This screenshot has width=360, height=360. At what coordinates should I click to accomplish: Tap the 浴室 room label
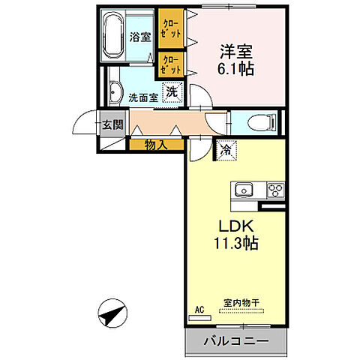[140, 36]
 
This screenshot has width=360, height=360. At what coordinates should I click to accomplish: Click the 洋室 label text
[235, 52]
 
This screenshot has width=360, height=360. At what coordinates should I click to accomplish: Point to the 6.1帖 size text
[235, 69]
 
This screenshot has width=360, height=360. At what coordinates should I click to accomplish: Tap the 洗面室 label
[142, 97]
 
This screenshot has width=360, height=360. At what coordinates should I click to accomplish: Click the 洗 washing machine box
[172, 92]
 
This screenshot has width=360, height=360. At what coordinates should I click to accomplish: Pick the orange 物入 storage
[156, 144]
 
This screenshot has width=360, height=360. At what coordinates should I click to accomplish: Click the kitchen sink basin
[245, 189]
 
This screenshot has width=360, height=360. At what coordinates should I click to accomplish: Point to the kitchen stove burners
[274, 188]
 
